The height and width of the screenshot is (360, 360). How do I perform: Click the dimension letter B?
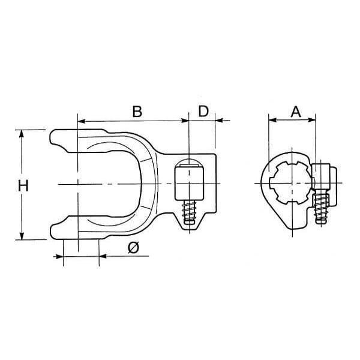point(137,112)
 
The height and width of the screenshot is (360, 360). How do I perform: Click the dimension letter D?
point(203,111)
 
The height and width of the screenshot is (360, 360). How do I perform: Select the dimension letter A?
point(296,112)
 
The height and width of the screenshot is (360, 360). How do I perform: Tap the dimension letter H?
point(23,186)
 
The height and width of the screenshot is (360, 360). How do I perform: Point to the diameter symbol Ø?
point(134,248)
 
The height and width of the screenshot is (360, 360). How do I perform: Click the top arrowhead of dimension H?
point(22,133)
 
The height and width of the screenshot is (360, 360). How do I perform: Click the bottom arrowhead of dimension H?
point(22,236)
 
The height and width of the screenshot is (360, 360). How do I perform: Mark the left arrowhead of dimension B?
point(82,121)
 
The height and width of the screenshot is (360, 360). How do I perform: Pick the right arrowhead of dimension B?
point(185,121)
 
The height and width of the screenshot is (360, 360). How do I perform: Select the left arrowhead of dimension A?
point(272,120)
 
